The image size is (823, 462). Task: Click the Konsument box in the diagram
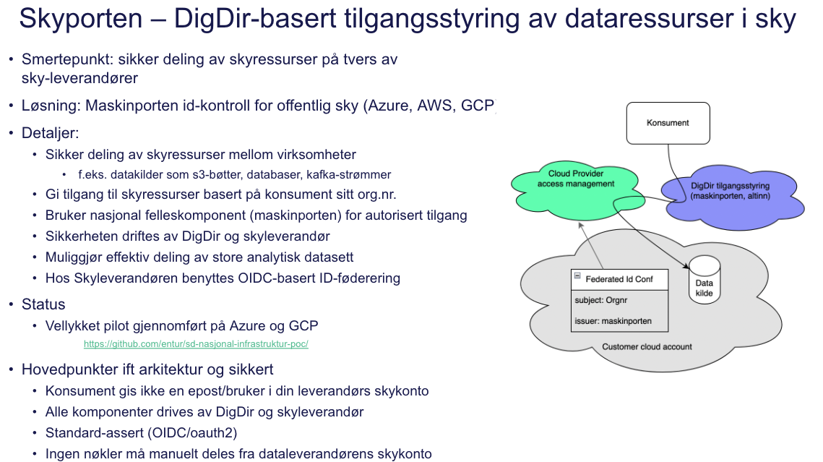[668, 123]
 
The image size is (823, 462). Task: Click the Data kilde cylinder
[704, 282]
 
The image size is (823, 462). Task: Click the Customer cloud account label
[647, 346]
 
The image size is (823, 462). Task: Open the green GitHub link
[196, 344]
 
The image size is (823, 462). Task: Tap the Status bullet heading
[43, 304]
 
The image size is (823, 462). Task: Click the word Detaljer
[50, 133]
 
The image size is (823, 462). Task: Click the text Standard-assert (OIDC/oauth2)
[141, 432]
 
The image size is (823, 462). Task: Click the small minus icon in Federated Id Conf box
[577, 275]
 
